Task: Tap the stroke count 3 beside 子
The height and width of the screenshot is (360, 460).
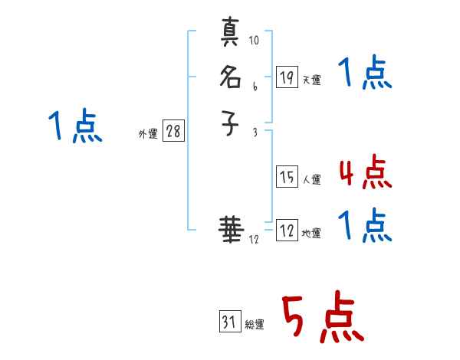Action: [x=255, y=133]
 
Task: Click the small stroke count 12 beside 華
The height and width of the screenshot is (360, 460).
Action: [x=254, y=240]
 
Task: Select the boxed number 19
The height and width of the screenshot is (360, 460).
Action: [x=287, y=77]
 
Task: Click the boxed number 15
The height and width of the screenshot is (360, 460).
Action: [x=287, y=178]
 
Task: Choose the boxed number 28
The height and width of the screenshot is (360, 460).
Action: [x=173, y=132]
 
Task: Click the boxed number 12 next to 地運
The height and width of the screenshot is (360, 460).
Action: [x=287, y=231]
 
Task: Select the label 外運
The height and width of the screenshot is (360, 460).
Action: [x=148, y=134]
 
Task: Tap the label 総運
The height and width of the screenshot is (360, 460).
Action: [x=255, y=325]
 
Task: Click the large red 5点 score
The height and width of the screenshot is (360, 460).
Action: [x=323, y=318]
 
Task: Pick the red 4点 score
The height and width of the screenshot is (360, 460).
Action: [x=365, y=173]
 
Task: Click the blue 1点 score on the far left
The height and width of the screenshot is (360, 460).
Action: [x=74, y=126]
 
